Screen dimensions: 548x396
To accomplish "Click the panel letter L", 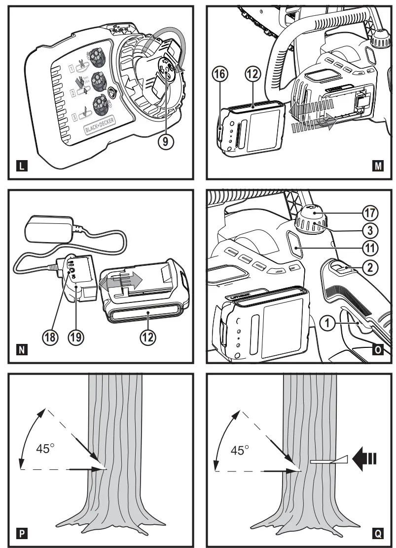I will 20,167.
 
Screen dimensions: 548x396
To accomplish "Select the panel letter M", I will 378,167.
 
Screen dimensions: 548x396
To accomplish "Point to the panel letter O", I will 378,350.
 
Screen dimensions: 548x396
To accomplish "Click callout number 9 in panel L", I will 166,141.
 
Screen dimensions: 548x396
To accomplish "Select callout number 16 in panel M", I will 220,75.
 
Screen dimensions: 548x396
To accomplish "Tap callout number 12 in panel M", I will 252,75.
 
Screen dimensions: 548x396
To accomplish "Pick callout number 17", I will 370,213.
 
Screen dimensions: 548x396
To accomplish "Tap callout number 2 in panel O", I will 370,267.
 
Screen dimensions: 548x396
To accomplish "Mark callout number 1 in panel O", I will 327,324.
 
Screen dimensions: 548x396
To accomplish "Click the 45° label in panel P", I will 45,449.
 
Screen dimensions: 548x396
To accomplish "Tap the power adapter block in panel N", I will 48,230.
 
